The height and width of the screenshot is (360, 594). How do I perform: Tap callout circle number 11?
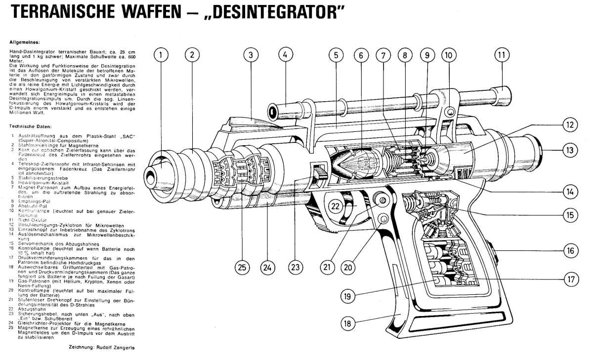pyautogui.click(x=502, y=55)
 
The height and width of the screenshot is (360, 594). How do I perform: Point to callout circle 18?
pyautogui.click(x=348, y=323)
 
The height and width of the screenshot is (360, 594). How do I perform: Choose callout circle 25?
pyautogui.click(x=242, y=268)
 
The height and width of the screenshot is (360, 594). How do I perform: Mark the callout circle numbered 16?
pyautogui.click(x=571, y=251)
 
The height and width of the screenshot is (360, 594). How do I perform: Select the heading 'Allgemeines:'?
pyautogui.click(x=21, y=42)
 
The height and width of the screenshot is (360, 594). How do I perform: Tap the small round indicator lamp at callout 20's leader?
pyautogui.click(x=382, y=219)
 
